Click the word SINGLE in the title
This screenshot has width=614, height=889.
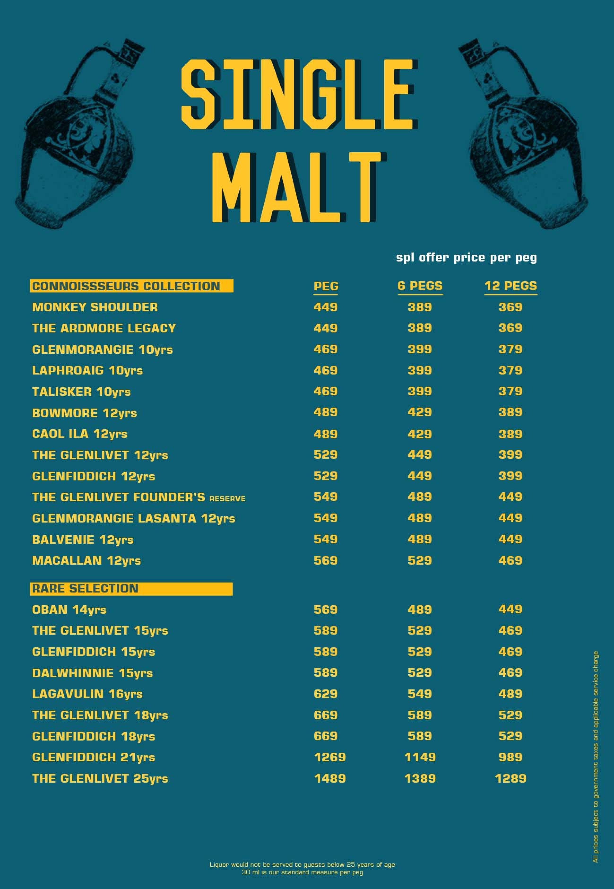298,94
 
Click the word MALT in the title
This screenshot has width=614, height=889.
298,187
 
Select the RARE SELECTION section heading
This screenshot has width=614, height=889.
85,588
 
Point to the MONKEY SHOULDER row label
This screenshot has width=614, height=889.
95,307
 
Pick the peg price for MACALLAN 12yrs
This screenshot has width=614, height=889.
325,560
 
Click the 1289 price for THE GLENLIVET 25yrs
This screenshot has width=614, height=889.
510,778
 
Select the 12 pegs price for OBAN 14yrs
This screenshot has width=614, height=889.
510,609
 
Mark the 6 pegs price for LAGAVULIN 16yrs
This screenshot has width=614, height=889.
420,694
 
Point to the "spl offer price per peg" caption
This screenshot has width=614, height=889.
466,257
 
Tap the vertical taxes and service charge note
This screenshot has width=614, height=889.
596,756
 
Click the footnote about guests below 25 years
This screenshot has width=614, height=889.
302,864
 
